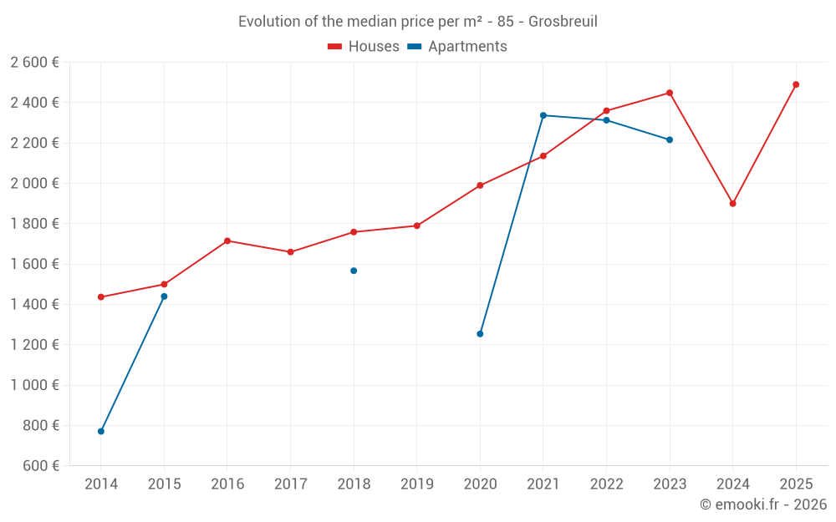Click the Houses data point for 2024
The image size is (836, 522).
click(x=732, y=204)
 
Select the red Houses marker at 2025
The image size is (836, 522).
click(x=796, y=84)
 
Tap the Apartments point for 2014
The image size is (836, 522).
click(x=101, y=432)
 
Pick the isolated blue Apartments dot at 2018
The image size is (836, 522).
click(x=354, y=271)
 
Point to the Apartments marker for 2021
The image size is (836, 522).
click(x=543, y=115)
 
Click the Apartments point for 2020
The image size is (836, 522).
click(x=480, y=334)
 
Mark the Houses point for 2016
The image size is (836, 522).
click(x=227, y=241)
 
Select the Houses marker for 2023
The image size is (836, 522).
click(x=670, y=93)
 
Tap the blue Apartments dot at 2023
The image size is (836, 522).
click(x=670, y=139)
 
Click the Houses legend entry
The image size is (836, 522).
click(x=364, y=47)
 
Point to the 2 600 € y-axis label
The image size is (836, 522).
click(x=35, y=63)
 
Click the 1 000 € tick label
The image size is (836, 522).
click(x=35, y=385)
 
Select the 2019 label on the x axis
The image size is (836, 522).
click(x=416, y=484)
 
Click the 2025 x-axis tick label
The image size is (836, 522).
click(x=796, y=484)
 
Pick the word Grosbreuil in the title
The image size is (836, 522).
click(x=563, y=22)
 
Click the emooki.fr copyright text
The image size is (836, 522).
click(x=763, y=504)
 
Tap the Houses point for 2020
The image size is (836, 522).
click(x=480, y=185)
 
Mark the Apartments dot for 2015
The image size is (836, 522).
click(x=164, y=296)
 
